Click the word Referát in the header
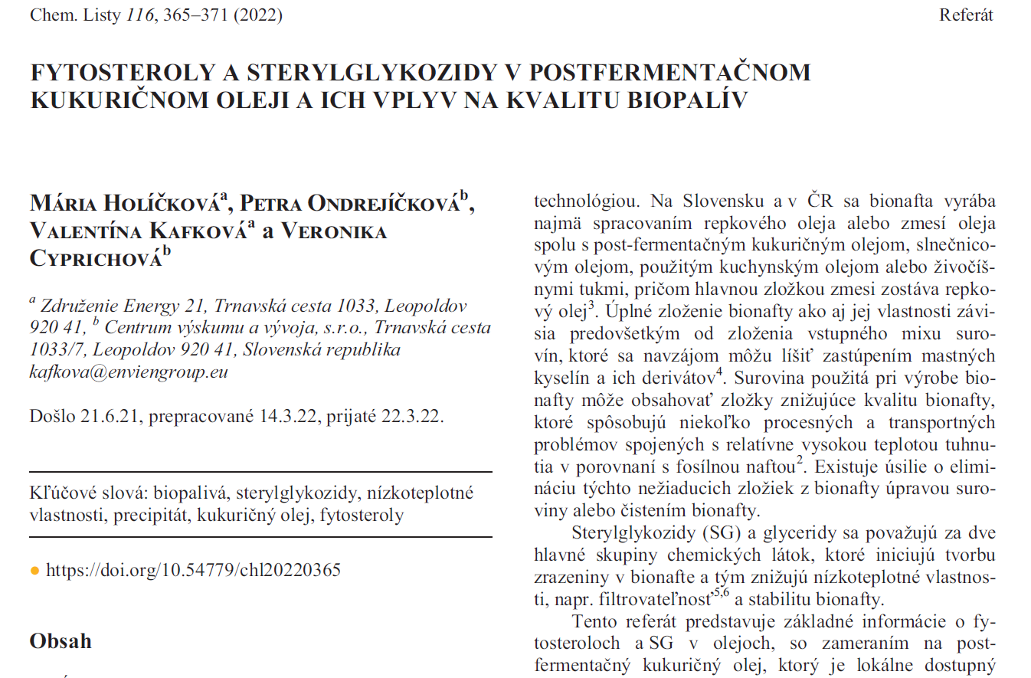[x=966, y=15]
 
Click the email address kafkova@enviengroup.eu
[x=129, y=373]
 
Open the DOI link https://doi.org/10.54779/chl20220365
[x=193, y=571]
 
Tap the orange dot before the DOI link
[x=34, y=571]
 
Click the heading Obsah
[x=61, y=641]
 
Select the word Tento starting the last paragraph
[x=594, y=621]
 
